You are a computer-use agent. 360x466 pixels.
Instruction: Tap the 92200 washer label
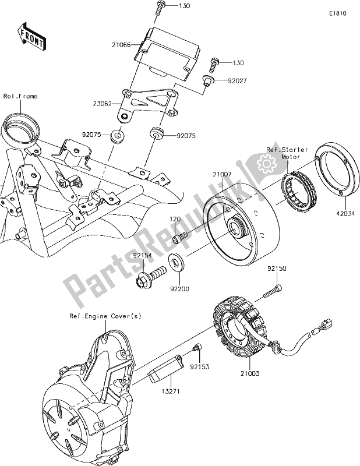(x=180, y=287)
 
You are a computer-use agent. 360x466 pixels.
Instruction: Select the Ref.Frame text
(x=20, y=96)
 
